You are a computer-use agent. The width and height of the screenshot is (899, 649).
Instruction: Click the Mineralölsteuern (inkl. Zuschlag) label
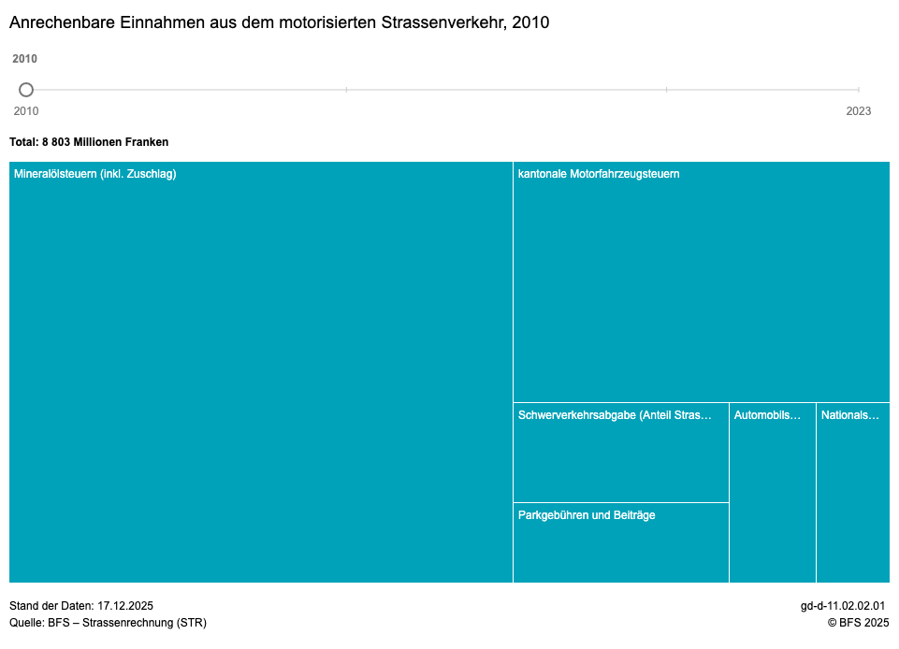(x=94, y=174)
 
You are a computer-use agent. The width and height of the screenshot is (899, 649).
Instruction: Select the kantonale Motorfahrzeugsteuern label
(x=599, y=174)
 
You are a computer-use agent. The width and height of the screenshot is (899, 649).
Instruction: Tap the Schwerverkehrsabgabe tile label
(x=615, y=415)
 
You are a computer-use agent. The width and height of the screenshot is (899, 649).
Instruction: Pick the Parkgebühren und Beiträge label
(x=587, y=515)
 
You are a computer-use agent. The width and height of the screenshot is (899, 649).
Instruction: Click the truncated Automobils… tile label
(x=767, y=415)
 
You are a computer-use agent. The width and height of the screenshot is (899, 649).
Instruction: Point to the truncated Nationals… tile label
(x=850, y=415)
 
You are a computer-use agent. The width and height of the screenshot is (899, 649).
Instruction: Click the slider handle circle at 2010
(x=26, y=90)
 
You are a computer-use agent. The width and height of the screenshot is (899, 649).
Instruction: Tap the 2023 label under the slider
(x=858, y=111)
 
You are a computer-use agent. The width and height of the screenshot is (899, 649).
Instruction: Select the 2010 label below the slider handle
(x=26, y=111)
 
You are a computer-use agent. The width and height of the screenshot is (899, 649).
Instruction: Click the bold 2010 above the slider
(x=25, y=59)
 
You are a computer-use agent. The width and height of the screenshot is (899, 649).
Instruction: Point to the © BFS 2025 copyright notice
(x=857, y=623)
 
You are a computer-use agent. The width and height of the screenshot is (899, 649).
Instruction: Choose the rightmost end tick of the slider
(x=859, y=90)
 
